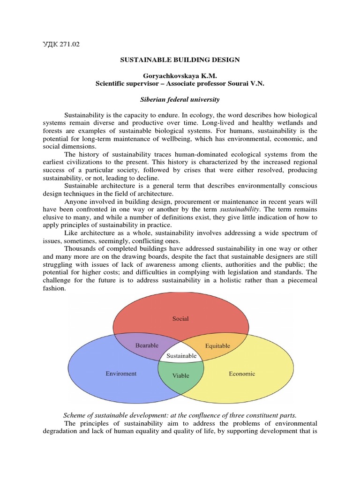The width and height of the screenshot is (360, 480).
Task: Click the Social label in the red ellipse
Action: click(180, 319)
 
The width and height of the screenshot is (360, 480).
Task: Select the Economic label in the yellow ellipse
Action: click(242, 374)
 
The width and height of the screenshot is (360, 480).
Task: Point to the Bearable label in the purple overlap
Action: click(147, 345)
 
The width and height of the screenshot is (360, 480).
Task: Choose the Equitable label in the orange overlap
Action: click(217, 346)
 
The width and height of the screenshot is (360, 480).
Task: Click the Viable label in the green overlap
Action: click(180, 376)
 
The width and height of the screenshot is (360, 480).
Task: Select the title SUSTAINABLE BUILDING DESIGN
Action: click(180, 60)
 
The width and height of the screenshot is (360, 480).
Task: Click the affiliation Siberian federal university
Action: click(180, 99)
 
